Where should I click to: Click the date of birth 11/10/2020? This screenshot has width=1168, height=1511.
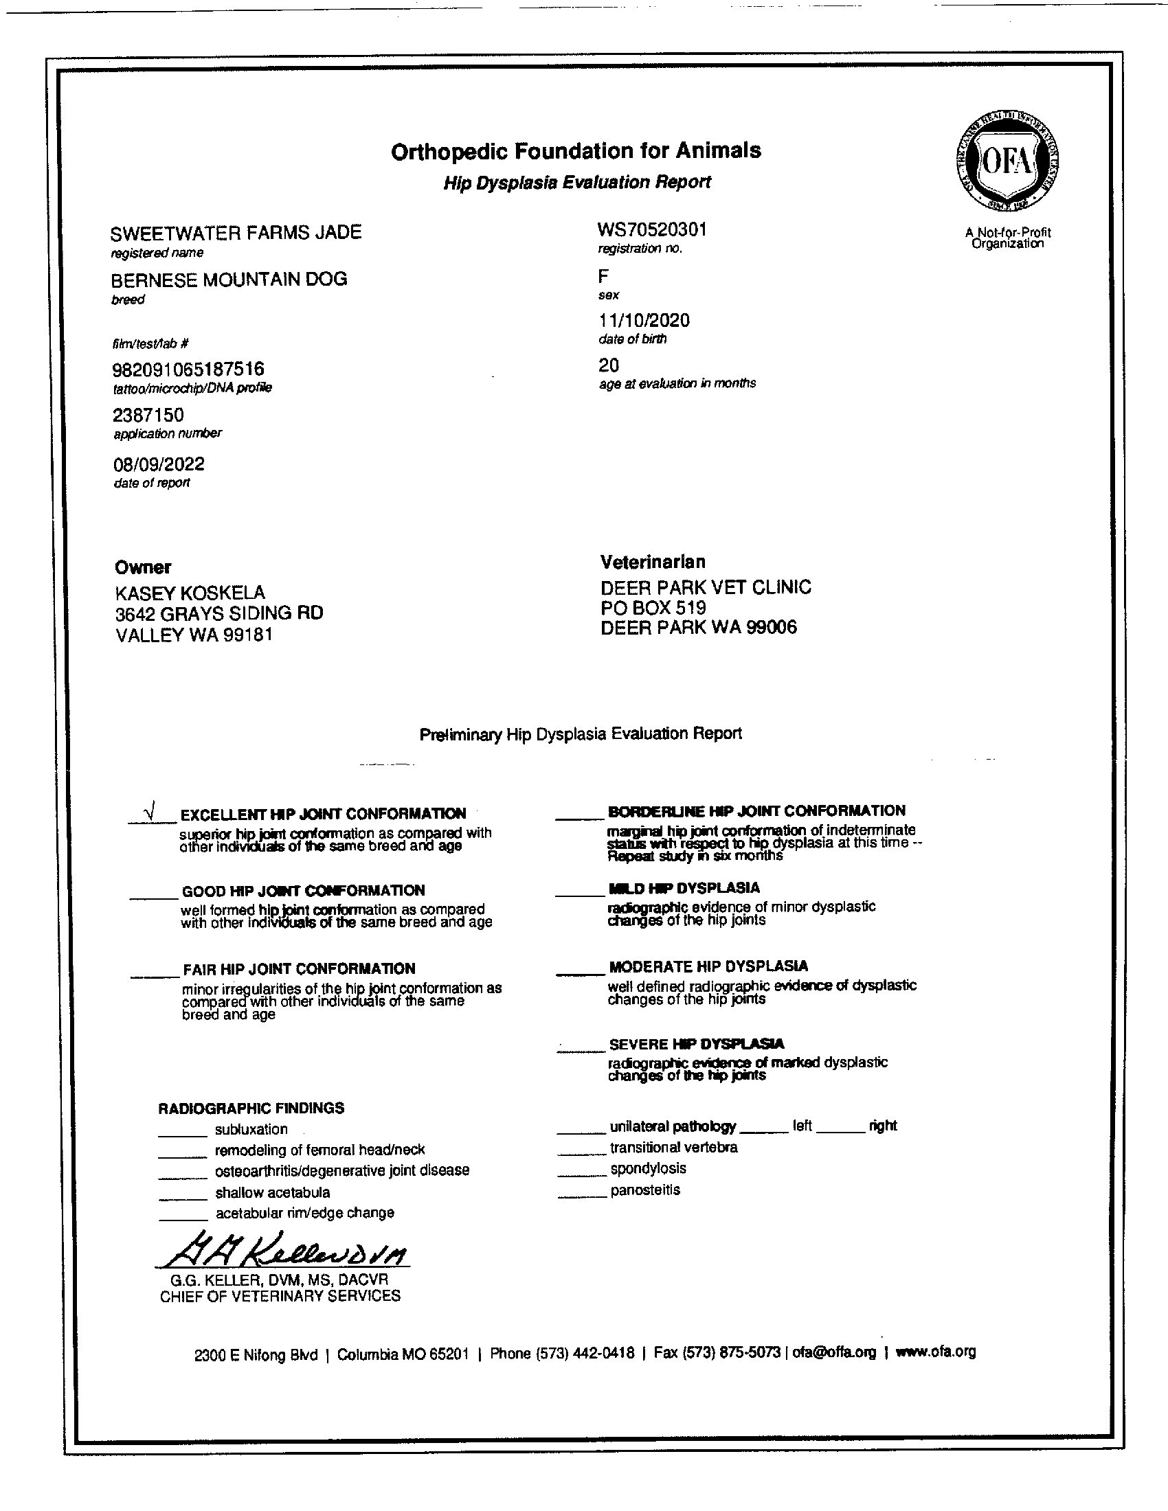(x=644, y=320)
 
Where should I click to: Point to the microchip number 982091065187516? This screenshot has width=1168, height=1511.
(x=188, y=370)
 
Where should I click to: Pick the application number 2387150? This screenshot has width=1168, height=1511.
(x=148, y=415)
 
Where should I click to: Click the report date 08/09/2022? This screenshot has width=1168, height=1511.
(x=159, y=464)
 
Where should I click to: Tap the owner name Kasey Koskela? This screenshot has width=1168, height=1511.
(x=190, y=593)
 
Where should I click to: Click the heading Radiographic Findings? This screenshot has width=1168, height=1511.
(x=251, y=1109)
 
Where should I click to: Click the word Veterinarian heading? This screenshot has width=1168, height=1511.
(x=653, y=562)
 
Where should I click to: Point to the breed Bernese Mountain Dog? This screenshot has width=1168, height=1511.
(x=229, y=280)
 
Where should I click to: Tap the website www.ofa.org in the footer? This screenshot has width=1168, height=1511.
(x=936, y=1352)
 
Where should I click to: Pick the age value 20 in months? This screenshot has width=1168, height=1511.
(x=609, y=365)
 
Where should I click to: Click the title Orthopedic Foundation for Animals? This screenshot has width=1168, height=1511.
(x=576, y=151)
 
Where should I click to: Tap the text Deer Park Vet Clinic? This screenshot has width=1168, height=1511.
(x=706, y=587)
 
